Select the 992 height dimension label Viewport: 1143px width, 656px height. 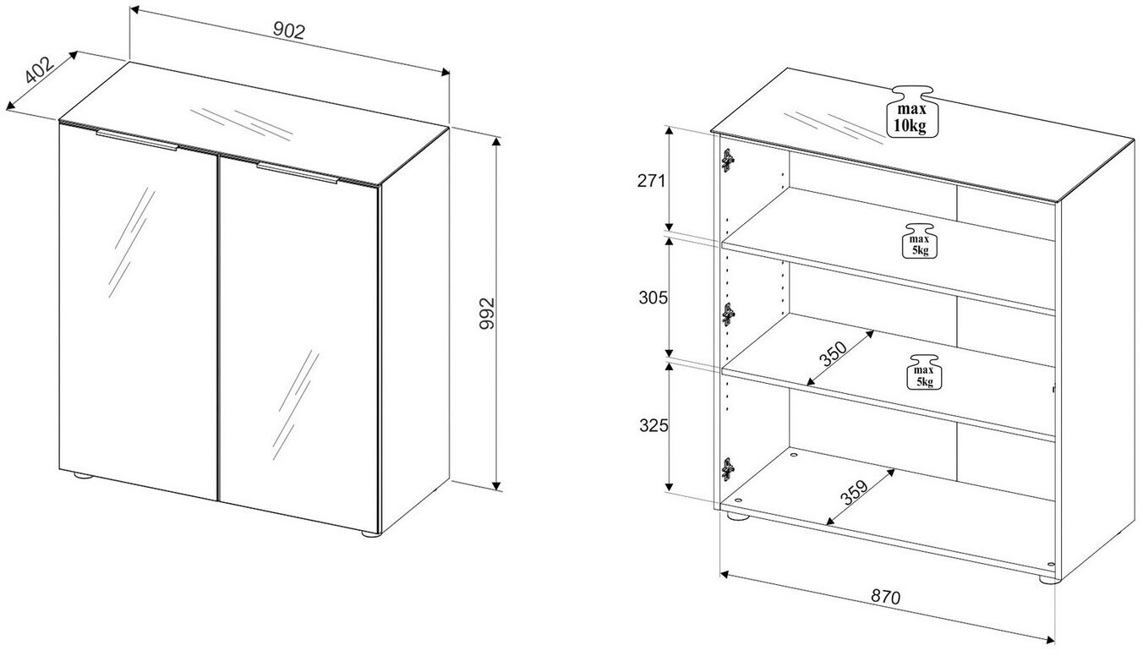click(484, 313)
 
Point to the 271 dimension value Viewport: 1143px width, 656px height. click(652, 180)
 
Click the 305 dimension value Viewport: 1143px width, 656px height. click(652, 298)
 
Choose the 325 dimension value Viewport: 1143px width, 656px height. click(652, 425)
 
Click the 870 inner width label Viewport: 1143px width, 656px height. click(885, 596)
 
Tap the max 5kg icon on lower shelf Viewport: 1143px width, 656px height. click(922, 373)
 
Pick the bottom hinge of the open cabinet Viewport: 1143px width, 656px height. click(727, 467)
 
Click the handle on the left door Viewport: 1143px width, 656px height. click(137, 141)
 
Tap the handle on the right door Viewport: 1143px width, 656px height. click(298, 173)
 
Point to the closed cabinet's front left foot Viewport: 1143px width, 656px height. click(82, 478)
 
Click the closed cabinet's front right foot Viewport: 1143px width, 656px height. click(369, 533)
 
